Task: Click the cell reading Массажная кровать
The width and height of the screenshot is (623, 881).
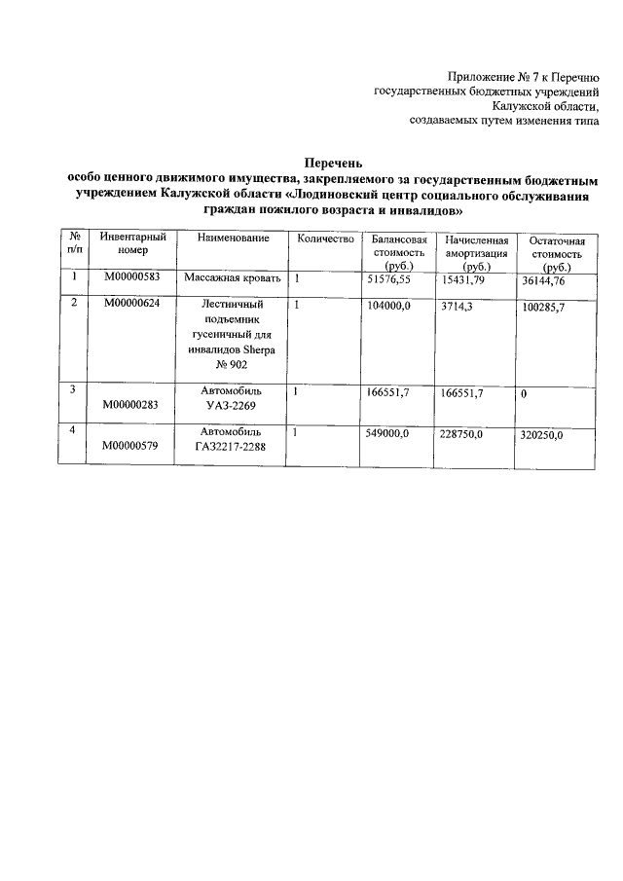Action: point(233,278)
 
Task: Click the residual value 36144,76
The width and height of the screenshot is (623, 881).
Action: point(543,280)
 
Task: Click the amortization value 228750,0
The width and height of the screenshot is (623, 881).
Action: point(462,434)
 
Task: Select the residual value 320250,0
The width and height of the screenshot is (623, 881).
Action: point(542,435)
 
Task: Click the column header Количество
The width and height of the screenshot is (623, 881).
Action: point(325,238)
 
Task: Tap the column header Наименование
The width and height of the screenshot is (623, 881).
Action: point(233,238)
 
